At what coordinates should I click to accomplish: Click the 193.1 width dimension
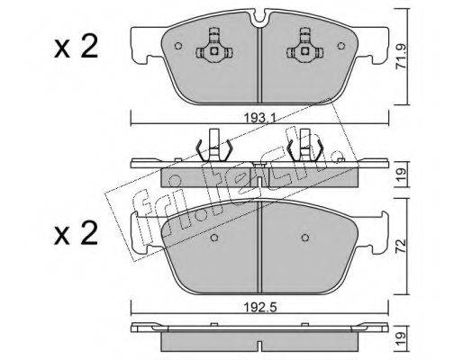pyautogui.click(x=259, y=119)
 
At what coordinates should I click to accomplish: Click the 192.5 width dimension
pyautogui.click(x=259, y=307)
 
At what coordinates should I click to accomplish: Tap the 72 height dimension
pyautogui.click(x=402, y=246)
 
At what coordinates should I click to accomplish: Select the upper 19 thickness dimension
pyautogui.click(x=402, y=175)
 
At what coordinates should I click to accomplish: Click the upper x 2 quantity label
pyautogui.click(x=76, y=46)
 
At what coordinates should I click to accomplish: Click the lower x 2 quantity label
pyautogui.click(x=76, y=233)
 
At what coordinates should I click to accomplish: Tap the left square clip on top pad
pyautogui.click(x=214, y=51)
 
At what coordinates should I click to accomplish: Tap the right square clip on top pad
pyautogui.click(x=305, y=51)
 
